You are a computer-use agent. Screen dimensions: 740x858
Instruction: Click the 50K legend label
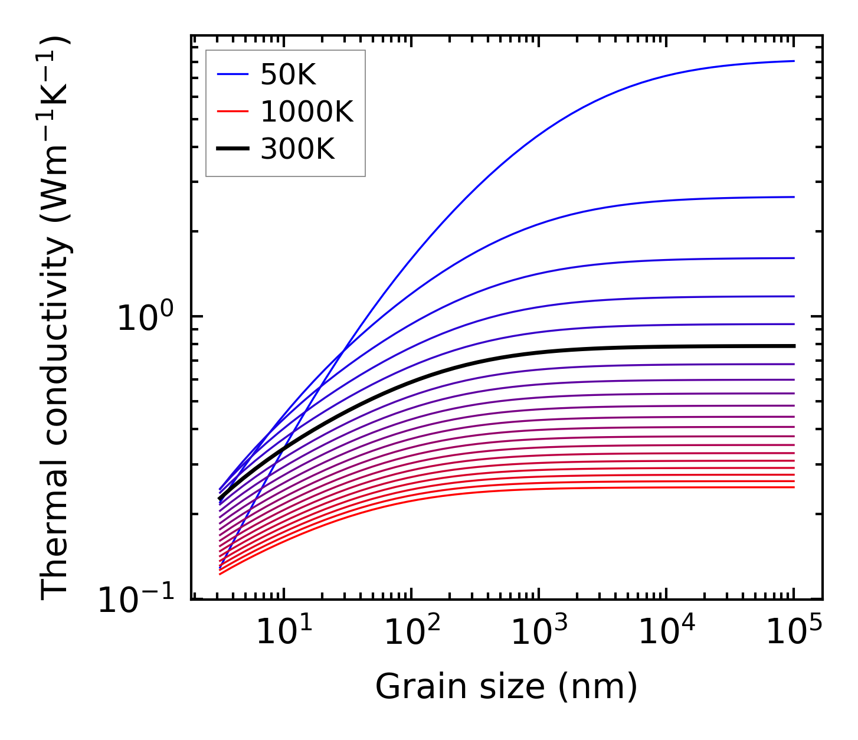[x=289, y=75]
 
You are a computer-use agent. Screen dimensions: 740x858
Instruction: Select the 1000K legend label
[x=307, y=112]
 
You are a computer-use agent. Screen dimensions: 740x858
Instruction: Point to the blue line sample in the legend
[x=233, y=74]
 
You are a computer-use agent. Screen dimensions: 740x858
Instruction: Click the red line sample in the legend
[x=233, y=112]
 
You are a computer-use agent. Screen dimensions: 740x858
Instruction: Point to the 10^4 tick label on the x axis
[x=666, y=633]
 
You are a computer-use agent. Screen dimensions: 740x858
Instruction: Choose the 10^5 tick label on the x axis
[x=794, y=633]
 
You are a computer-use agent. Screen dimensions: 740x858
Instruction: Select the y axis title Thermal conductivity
[x=55, y=319]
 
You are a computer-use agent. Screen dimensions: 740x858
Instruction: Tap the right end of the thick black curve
[x=794, y=346]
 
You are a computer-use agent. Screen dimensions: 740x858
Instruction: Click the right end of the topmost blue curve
[x=794, y=61]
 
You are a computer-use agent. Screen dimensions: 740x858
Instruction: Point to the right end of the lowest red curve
[x=794, y=487]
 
